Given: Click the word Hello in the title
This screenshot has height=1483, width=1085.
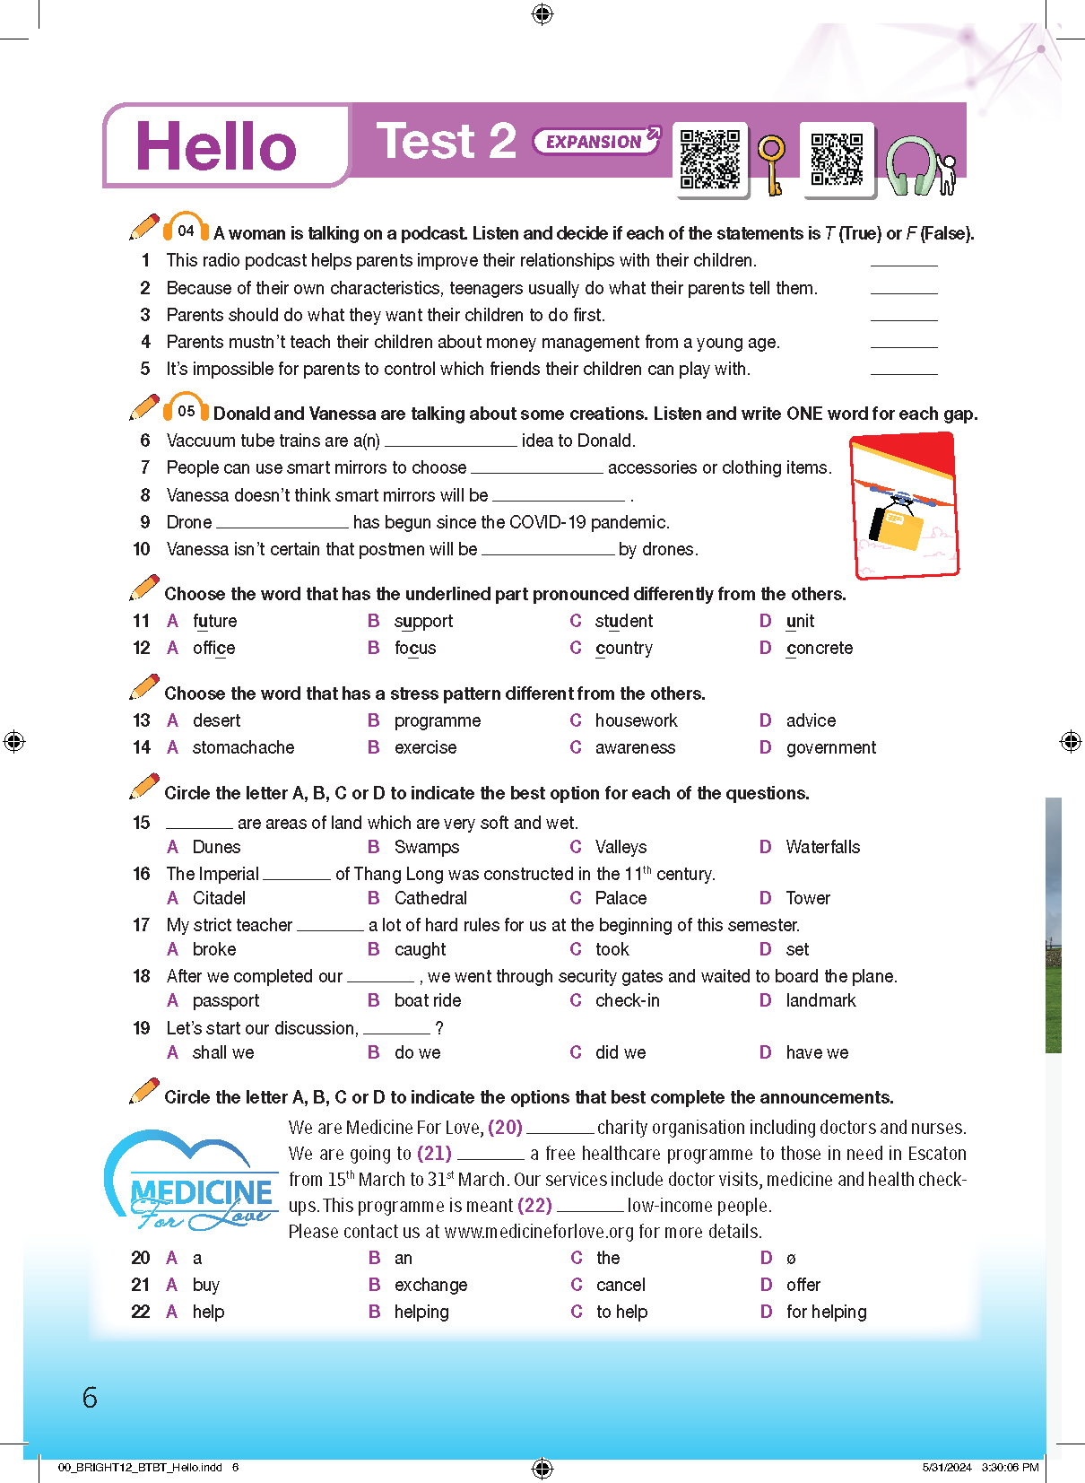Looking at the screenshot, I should point(215,146).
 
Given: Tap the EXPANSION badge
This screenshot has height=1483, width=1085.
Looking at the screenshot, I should point(596,141).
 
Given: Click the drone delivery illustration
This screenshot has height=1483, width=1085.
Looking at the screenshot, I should point(904,506).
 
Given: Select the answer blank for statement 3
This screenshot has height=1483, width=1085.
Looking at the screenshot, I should point(903,316).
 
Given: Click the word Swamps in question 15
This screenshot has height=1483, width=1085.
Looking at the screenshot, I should point(427,847).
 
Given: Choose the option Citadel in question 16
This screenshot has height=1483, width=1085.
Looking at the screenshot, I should point(219,898).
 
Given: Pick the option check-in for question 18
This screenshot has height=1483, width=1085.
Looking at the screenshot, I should point(627,1000).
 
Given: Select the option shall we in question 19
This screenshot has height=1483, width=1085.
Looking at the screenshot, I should point(223,1052).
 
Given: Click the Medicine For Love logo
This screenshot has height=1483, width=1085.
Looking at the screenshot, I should point(192,1182).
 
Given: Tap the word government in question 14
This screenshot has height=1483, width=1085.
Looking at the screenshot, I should point(830,747).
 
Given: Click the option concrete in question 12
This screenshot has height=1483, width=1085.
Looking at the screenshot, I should point(819,648).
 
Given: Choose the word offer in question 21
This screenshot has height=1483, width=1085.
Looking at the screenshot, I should point(803,1285).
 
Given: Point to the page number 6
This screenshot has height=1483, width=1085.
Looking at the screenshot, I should point(90,1397).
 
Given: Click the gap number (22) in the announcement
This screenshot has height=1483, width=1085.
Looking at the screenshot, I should point(534,1205).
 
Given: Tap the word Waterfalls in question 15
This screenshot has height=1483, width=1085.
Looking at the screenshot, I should point(822,847).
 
